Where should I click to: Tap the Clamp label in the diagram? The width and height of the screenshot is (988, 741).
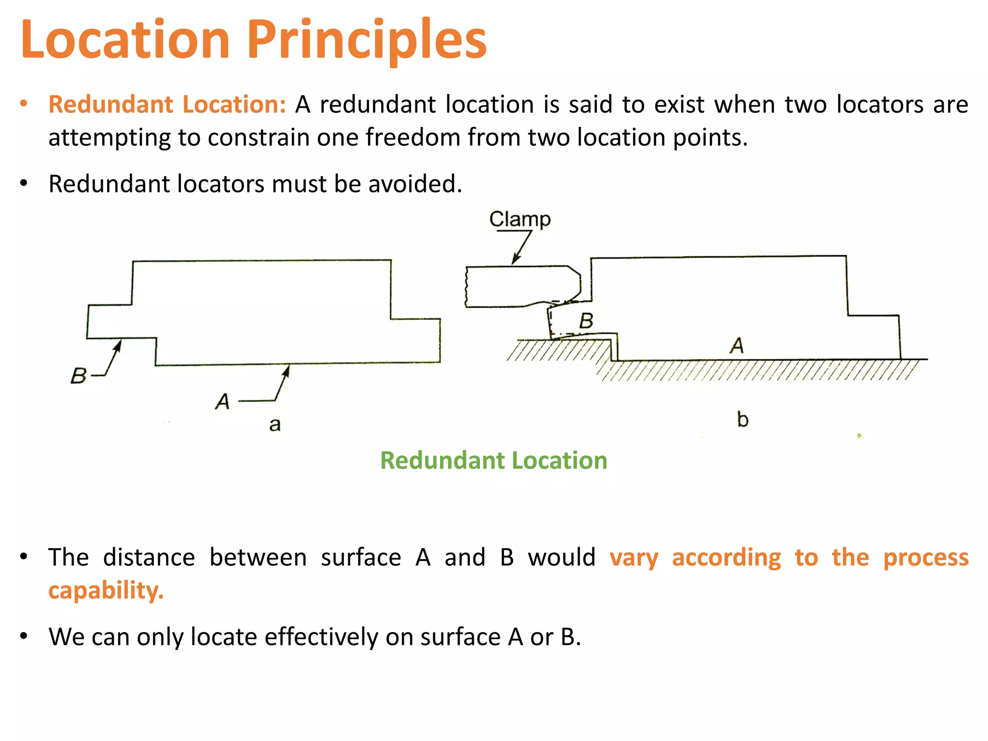coord(520,220)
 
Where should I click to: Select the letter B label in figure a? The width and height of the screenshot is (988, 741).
coord(78,376)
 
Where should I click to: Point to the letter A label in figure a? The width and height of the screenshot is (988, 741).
coord(222,401)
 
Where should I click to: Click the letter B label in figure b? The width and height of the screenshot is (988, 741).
coord(586,321)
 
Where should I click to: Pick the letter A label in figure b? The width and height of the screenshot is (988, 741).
coord(736,346)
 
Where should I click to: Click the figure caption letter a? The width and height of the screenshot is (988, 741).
coord(274,425)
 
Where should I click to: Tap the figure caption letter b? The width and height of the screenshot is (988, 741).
coord(742,420)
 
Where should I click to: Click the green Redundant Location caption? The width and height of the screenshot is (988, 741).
coord(494,460)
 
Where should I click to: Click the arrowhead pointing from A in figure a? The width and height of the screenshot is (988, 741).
coord(287,370)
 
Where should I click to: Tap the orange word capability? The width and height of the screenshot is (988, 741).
coord(106,590)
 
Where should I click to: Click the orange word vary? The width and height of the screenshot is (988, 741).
coord(633,558)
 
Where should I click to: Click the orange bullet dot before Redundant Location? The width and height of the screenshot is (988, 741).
coord(24,104)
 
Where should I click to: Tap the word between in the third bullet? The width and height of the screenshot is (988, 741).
coord(258,558)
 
